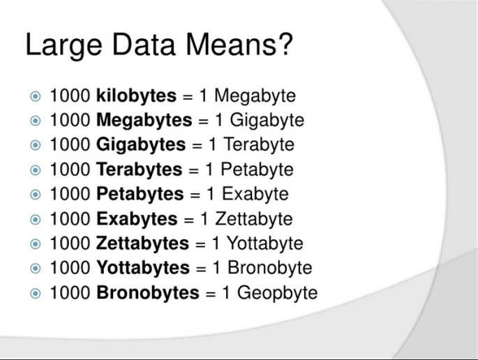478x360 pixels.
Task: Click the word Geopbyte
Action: [277, 293]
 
